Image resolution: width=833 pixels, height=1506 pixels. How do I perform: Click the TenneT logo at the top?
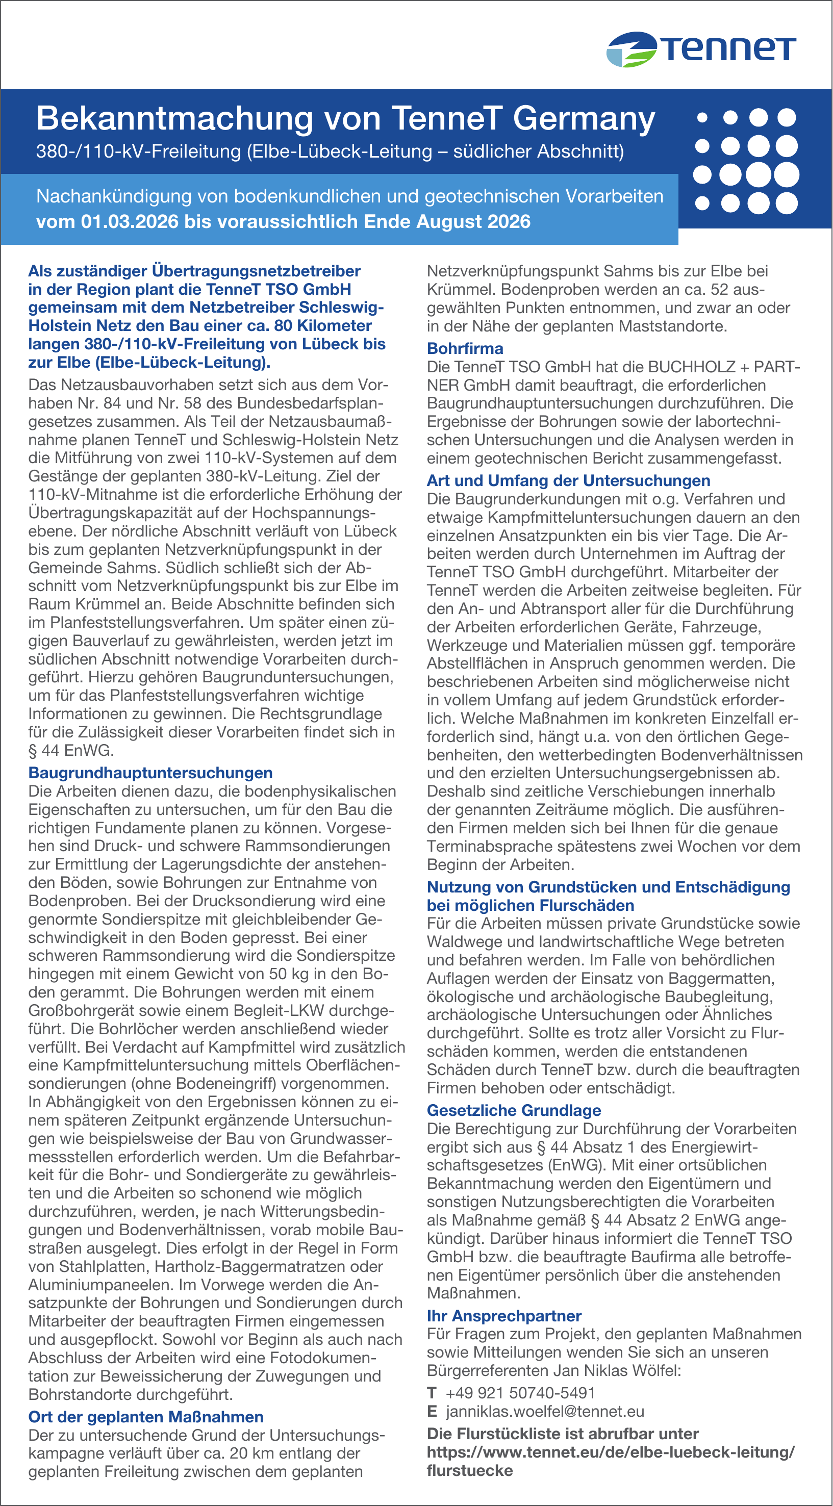(701, 49)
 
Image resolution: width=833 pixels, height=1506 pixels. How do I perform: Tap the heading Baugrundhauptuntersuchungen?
(150, 773)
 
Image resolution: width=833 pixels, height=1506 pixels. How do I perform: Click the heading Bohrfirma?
(465, 348)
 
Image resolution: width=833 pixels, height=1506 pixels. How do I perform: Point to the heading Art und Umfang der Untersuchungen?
(568, 480)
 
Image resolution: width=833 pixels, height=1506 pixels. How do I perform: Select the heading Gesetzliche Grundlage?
(514, 1110)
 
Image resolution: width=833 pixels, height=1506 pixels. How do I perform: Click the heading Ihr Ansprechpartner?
(504, 1315)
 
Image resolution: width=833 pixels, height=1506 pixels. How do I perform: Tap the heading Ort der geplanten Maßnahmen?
(145, 1417)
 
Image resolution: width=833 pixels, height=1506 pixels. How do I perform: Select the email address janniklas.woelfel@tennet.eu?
(545, 1411)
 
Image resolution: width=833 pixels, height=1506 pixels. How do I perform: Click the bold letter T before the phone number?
(432, 1393)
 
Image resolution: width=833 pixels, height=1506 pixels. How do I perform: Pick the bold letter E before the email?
(432, 1411)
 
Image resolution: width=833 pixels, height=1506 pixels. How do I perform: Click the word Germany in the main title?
(584, 119)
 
